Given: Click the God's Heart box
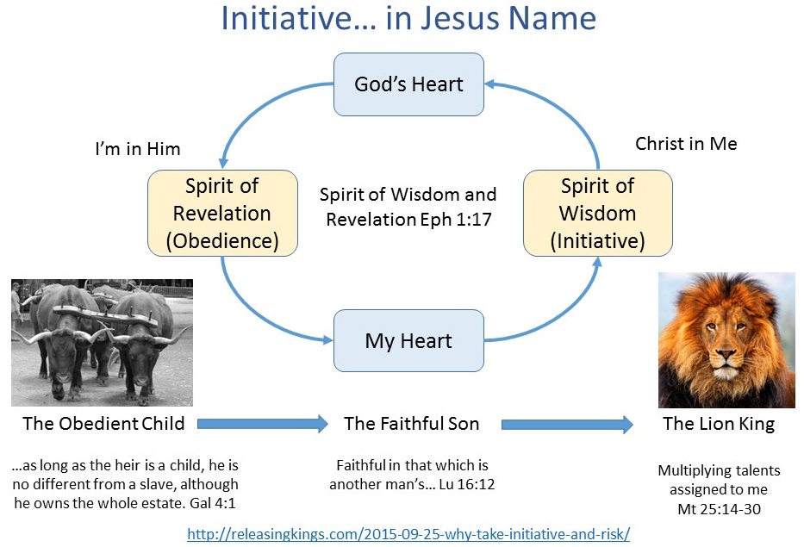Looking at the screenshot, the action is [x=408, y=84].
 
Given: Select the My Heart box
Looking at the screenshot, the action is [x=408, y=340].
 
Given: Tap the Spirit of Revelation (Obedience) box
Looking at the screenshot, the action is [x=222, y=214].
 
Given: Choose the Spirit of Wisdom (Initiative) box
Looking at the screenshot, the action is [x=597, y=214].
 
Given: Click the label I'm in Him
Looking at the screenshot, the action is [x=138, y=149].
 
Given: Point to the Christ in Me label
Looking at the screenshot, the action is [x=686, y=144].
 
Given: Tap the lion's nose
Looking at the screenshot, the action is [x=726, y=354].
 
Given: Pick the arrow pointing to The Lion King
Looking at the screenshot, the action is [x=567, y=425].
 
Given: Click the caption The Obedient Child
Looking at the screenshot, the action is [x=103, y=424].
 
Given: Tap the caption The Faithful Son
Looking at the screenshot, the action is [x=412, y=424].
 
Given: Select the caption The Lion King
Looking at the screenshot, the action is [x=719, y=424].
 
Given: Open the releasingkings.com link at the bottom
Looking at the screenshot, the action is [x=408, y=534].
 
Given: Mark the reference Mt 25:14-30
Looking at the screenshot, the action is [x=720, y=509].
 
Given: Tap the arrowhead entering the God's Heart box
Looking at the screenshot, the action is [x=489, y=84].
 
